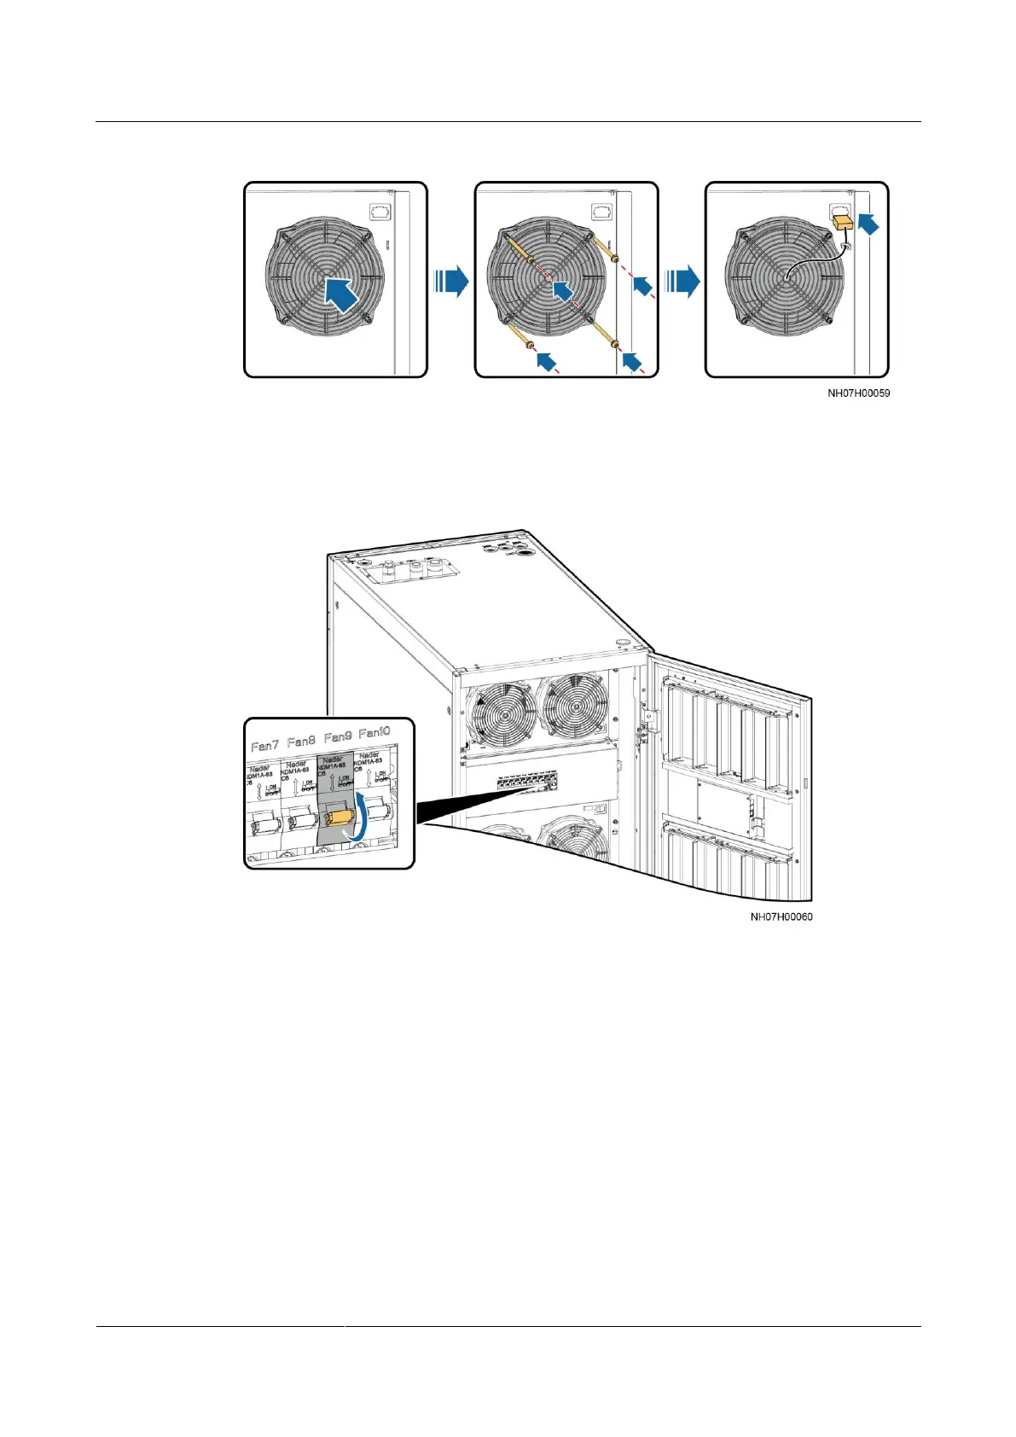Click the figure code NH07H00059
[x=858, y=393]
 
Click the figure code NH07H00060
[x=781, y=917]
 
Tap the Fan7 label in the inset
[x=264, y=745]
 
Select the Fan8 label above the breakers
[x=301, y=741]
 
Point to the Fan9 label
[x=338, y=736]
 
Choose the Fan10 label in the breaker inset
[x=374, y=733]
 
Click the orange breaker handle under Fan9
[x=340, y=817]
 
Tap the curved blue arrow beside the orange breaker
[x=363, y=816]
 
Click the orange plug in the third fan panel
[x=844, y=223]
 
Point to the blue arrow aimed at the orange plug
[x=868, y=224]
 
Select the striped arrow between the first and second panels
[x=450, y=280]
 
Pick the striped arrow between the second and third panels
[x=682, y=280]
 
